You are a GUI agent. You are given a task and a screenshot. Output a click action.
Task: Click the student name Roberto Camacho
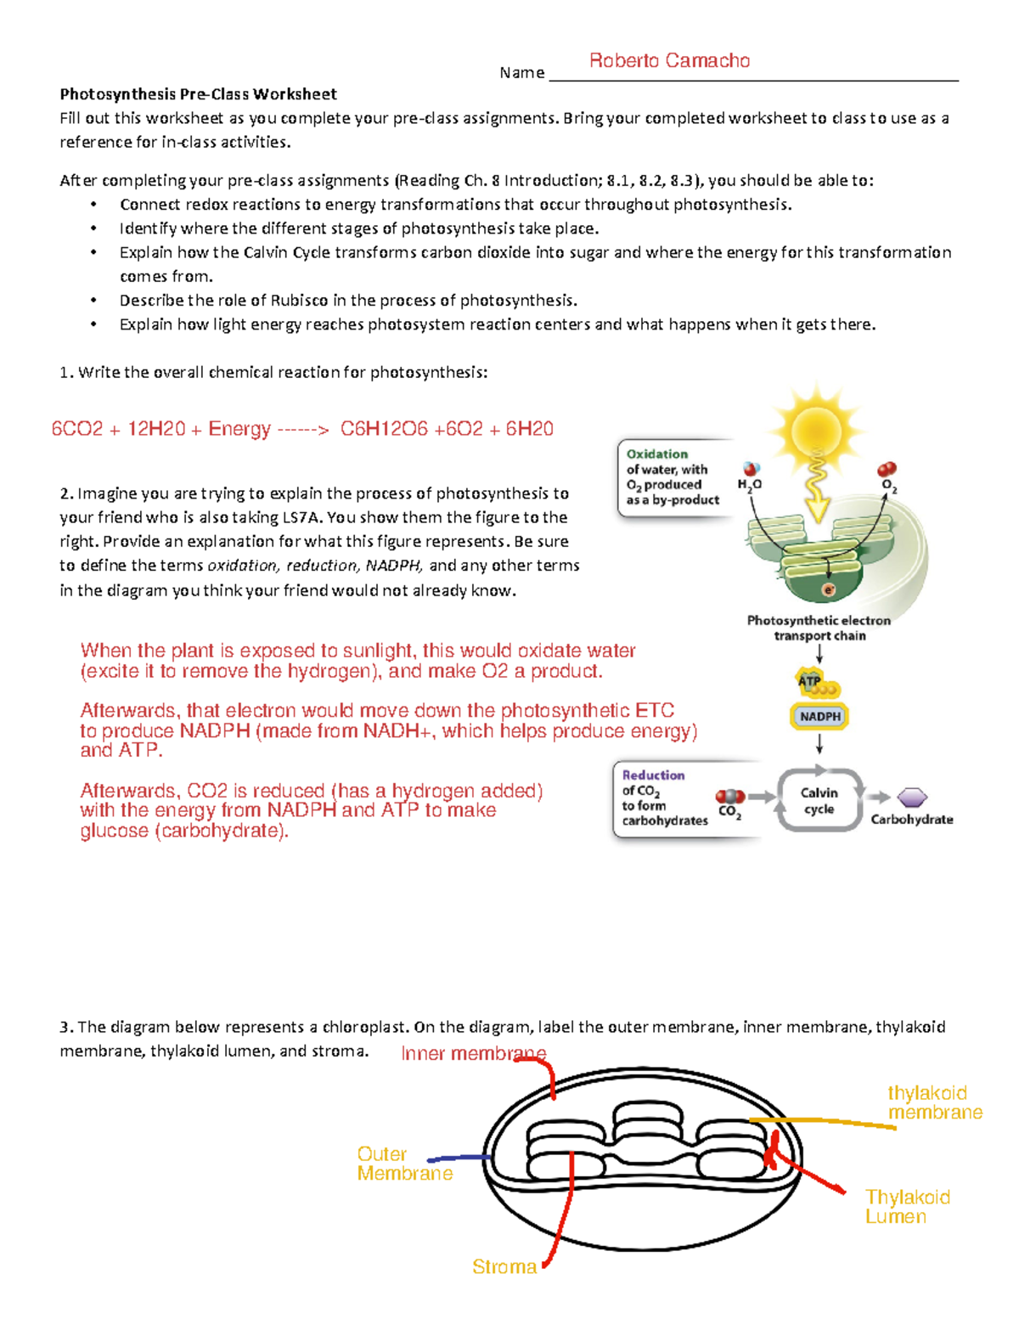669,60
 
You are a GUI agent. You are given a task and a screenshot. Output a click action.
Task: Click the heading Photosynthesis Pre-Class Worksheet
198,94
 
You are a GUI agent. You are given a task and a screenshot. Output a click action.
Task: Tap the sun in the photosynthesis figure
816,431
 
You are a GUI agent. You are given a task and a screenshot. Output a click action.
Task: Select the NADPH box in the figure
819,717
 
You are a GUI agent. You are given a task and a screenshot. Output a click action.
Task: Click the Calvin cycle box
819,800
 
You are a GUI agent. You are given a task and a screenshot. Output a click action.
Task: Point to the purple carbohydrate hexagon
912,798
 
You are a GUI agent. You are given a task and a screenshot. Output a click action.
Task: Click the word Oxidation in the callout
657,454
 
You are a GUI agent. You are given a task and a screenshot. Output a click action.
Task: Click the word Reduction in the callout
653,775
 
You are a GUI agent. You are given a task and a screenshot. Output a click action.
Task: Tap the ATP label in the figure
809,680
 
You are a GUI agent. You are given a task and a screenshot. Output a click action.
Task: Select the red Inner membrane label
473,1054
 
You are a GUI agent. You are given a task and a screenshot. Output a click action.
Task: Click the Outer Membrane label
404,1164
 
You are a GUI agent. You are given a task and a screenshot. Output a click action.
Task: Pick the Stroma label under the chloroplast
504,1267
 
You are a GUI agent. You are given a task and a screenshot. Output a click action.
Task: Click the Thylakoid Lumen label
907,1207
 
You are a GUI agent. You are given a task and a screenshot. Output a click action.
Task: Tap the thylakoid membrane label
934,1102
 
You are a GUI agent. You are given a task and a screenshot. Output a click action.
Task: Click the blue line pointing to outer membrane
459,1158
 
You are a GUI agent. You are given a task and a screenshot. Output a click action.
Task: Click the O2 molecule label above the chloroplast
889,485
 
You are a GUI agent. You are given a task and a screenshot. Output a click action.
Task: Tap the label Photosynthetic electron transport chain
819,628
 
